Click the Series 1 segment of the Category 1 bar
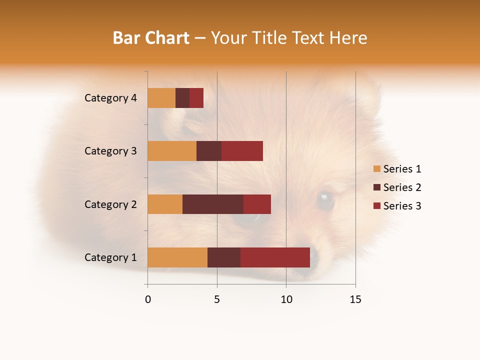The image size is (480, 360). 177,257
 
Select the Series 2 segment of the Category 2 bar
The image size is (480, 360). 213,204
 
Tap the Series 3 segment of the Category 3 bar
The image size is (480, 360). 242,151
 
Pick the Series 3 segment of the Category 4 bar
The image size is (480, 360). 196,98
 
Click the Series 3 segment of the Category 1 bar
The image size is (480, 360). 275,257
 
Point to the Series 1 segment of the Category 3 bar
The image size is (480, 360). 172,151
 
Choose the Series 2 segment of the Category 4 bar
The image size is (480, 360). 182,98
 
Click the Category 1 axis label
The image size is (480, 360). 110,257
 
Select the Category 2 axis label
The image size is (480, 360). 110,204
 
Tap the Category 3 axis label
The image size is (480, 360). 110,151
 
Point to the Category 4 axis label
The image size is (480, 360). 110,98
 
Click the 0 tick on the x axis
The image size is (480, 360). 148,299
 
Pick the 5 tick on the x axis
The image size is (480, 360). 217,299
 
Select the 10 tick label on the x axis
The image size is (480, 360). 286,299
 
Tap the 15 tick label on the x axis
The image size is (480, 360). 355,299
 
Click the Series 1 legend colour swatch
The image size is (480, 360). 376,169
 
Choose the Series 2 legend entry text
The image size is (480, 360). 402,187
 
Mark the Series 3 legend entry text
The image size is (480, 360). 402,206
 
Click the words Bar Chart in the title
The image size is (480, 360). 151,38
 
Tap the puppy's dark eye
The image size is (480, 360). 325,199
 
